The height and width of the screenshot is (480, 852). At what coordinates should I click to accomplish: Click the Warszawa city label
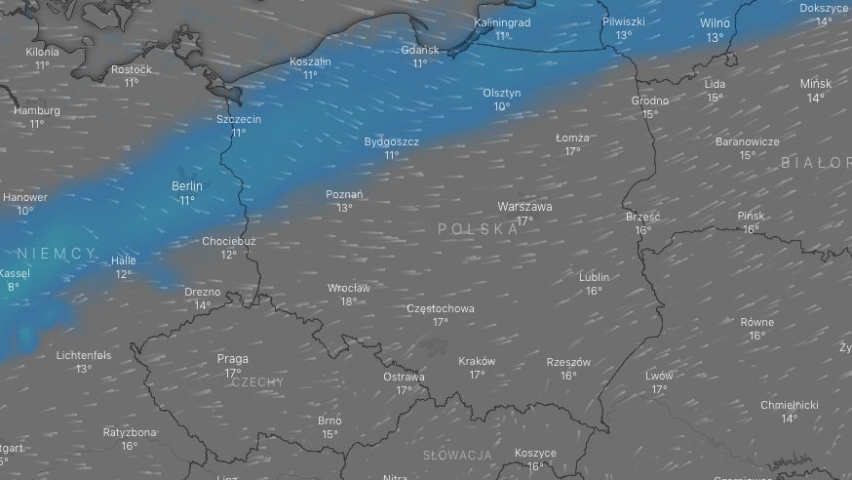(524, 207)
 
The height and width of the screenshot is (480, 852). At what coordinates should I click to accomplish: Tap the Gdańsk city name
(420, 50)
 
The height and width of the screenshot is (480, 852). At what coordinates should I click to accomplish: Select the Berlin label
(186, 185)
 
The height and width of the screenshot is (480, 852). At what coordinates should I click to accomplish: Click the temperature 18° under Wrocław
(348, 301)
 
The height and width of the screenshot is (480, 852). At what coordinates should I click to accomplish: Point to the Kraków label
(477, 361)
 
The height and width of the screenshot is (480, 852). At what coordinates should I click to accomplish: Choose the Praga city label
(232, 359)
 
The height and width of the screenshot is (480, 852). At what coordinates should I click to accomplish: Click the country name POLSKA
(478, 228)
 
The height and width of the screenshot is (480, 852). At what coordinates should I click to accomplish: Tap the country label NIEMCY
(57, 254)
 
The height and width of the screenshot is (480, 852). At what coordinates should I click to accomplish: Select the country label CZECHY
(257, 382)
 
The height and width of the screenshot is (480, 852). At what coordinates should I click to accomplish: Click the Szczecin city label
(239, 119)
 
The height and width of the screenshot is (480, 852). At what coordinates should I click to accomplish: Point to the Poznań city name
(344, 194)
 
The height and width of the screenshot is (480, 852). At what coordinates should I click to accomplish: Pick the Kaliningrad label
(502, 22)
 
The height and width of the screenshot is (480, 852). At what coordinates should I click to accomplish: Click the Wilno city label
(715, 23)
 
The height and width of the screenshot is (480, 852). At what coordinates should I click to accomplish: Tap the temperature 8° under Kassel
(14, 287)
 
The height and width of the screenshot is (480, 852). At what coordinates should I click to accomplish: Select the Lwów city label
(659, 376)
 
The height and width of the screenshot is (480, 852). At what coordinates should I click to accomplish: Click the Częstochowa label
(440, 308)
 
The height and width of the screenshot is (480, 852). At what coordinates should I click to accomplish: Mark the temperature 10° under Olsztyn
(501, 106)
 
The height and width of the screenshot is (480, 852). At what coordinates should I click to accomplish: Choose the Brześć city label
(643, 217)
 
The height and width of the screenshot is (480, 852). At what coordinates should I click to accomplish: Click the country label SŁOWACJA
(457, 455)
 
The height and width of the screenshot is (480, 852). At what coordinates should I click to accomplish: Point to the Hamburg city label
(36, 110)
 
